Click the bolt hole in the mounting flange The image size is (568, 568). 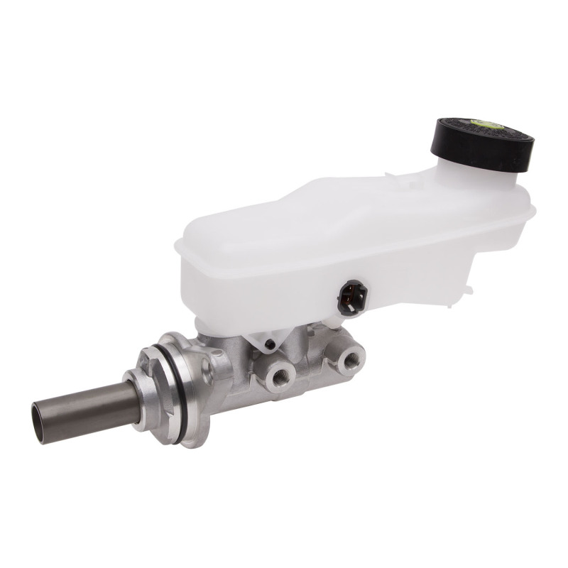[207, 366]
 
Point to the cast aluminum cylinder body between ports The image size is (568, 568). [312, 369]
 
